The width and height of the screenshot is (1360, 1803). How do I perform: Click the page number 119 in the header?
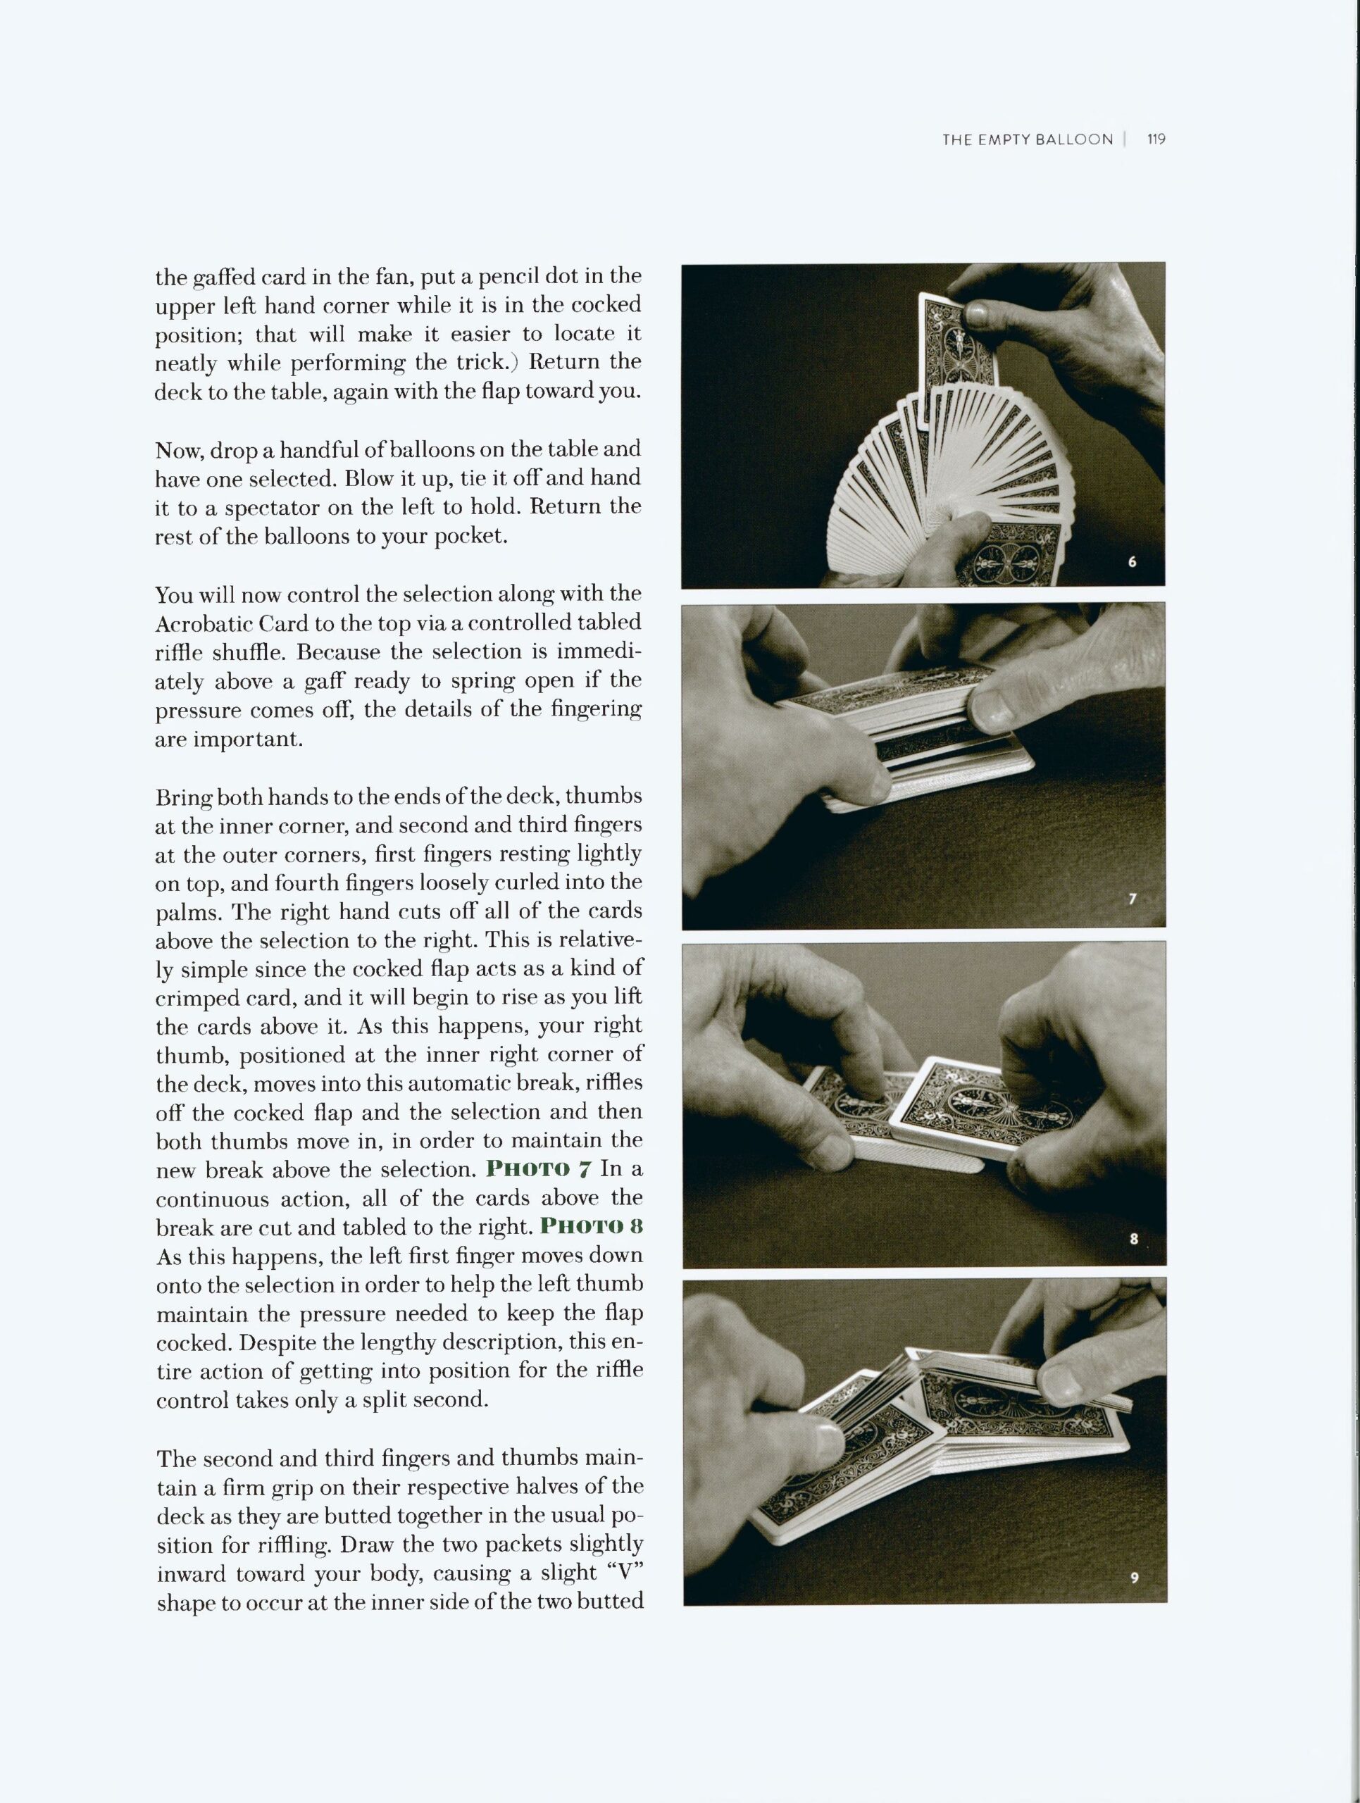coord(1156,139)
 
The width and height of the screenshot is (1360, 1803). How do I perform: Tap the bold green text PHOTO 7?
coord(538,1169)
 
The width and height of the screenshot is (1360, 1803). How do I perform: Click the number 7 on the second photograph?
coord(1132,899)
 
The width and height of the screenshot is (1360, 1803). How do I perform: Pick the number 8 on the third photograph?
coord(1133,1240)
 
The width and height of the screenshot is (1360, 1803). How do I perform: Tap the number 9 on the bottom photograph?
coord(1133,1577)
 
